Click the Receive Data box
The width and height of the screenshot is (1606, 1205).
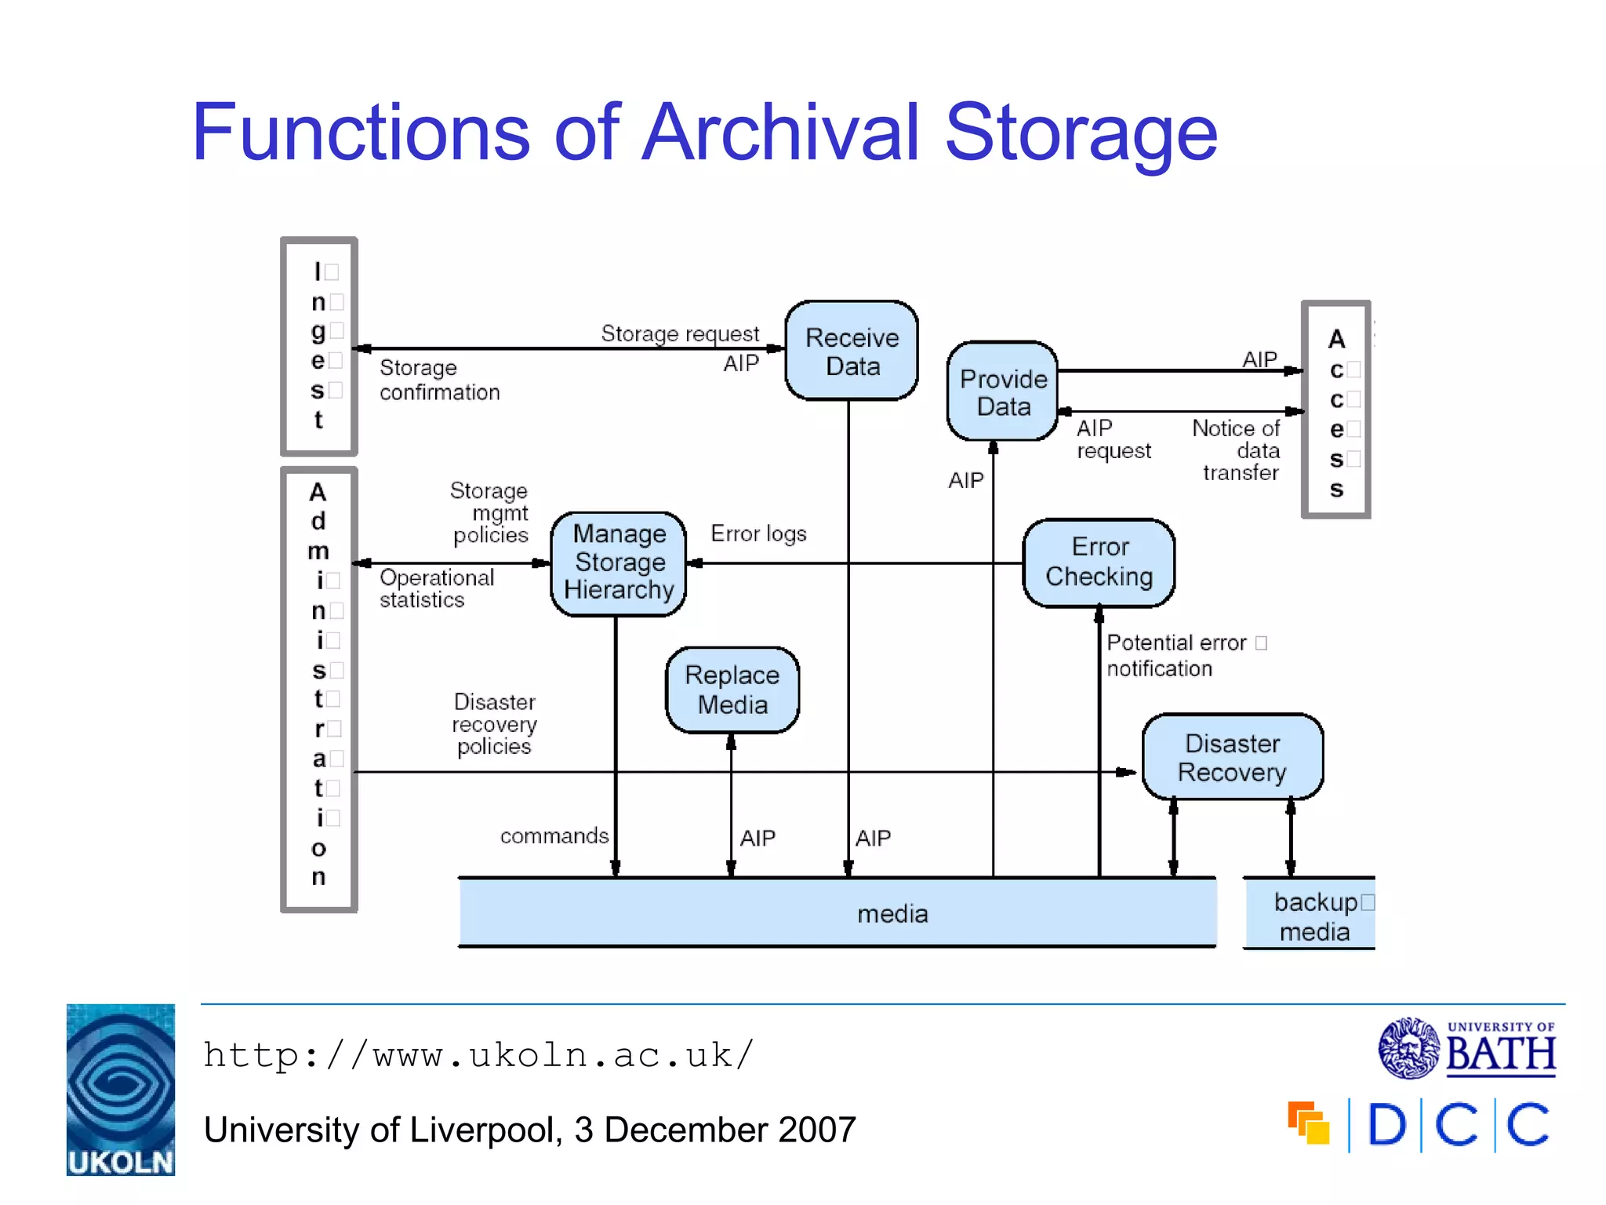click(x=852, y=351)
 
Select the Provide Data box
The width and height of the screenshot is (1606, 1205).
click(x=1003, y=391)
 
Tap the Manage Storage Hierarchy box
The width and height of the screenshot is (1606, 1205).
click(x=619, y=562)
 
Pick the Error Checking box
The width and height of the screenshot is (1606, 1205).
click(x=1099, y=562)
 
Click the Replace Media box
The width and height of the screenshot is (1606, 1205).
click(x=732, y=690)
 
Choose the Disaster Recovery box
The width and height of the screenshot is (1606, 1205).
click(x=1232, y=757)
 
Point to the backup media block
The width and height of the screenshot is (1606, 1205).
click(x=1311, y=915)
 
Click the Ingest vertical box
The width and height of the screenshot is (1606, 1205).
click(x=319, y=346)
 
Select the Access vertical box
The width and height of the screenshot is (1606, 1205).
click(x=1336, y=410)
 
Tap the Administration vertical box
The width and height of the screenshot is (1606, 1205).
click(x=319, y=689)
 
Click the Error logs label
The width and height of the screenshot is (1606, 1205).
click(x=758, y=533)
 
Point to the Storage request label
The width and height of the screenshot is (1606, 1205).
click(x=680, y=333)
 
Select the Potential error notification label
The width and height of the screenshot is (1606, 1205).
click(x=1175, y=655)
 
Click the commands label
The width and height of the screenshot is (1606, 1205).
click(x=554, y=835)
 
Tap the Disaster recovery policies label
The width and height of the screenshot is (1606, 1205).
click(x=495, y=723)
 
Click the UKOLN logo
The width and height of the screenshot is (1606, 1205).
click(x=121, y=1089)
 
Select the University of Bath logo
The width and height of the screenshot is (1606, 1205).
click(x=1467, y=1048)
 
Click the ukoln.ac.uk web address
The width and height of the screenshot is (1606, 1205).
click(x=478, y=1055)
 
